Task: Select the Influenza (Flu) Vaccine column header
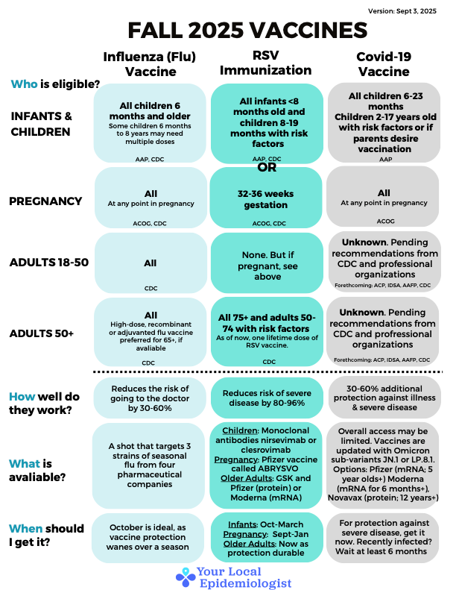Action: click(x=150, y=63)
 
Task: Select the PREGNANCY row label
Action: click(x=45, y=201)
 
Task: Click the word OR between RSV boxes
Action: click(x=267, y=167)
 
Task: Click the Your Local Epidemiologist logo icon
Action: click(x=186, y=575)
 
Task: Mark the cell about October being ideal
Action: click(x=150, y=536)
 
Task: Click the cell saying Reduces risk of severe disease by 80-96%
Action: click(x=267, y=398)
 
